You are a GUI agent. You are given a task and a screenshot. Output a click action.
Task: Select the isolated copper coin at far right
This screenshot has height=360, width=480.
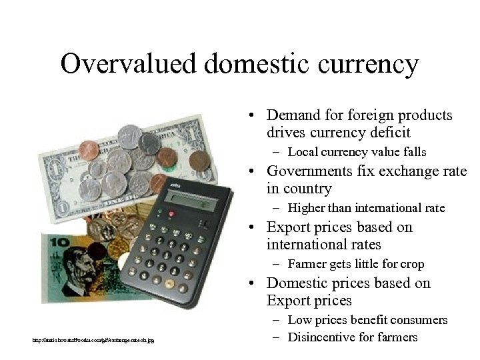click(199, 160)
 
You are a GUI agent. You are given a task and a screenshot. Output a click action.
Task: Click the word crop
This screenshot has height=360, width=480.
click(411, 264)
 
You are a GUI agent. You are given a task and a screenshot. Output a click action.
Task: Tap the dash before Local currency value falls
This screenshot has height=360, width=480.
click(277, 152)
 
